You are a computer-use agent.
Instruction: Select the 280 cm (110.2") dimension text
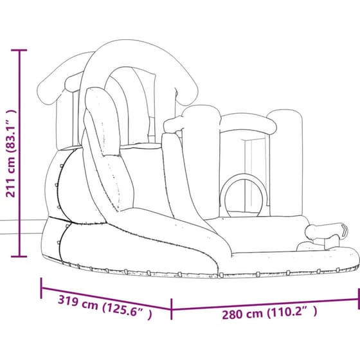tap(269, 313)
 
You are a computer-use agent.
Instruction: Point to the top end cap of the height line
tap(19, 50)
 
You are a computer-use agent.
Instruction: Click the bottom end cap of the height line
tap(19, 256)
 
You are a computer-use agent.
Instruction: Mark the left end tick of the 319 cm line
tap(41, 288)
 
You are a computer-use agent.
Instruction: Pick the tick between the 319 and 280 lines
tap(171, 309)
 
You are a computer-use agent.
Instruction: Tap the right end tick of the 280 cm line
tap(359, 299)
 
